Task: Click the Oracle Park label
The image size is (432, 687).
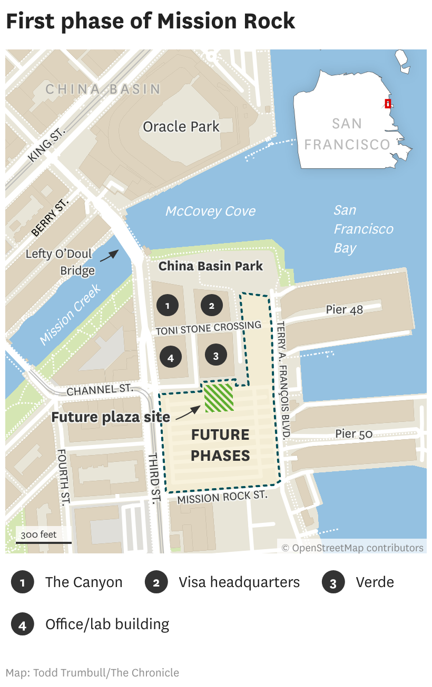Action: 181,127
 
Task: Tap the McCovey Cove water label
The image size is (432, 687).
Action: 210,211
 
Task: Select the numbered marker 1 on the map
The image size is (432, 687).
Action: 168,306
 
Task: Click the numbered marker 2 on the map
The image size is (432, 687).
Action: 212,306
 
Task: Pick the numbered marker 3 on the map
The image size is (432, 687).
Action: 215,356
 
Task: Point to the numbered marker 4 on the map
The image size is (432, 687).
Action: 170,358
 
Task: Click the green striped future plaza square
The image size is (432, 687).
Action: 219,398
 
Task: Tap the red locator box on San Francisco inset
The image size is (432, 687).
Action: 388,104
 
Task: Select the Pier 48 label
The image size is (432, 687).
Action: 344,309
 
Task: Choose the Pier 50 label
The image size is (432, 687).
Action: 354,434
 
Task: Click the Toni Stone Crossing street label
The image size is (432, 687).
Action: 209,328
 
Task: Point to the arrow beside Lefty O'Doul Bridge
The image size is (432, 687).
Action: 110,256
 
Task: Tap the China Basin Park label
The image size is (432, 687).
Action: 210,266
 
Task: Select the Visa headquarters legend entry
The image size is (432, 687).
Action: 239,582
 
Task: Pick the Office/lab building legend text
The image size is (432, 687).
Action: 107,624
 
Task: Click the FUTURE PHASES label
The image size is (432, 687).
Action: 220,445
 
